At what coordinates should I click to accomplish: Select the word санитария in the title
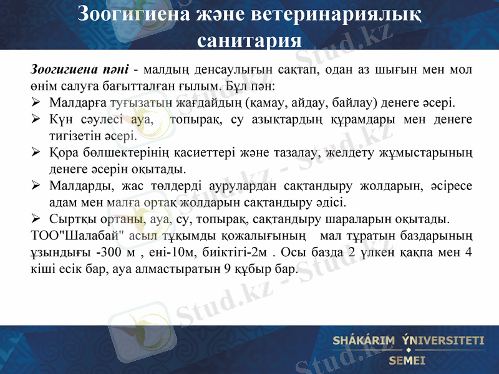[x=249, y=40]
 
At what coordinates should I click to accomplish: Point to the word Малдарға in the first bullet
[x=75, y=102]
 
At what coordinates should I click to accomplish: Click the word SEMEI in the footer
[x=407, y=360]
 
